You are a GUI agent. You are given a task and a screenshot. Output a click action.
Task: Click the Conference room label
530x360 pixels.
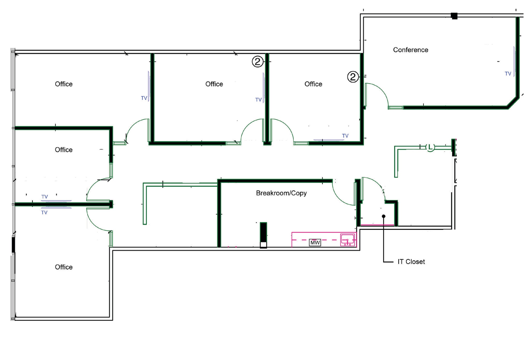click(410, 50)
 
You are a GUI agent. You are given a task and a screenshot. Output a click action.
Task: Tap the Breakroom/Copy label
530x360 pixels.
click(281, 193)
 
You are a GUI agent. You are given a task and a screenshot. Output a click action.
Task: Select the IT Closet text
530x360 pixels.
click(411, 262)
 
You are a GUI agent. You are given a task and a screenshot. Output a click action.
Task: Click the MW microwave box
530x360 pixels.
click(315, 243)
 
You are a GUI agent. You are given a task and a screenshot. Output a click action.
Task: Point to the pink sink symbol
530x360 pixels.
click(347, 240)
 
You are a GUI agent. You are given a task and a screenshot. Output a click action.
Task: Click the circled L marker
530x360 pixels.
click(430, 147)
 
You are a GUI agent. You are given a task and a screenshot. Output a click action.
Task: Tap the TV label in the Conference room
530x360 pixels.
click(508, 74)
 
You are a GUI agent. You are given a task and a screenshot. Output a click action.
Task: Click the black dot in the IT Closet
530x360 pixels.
click(384, 216)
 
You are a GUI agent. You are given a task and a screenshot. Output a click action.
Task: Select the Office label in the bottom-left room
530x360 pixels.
click(64, 267)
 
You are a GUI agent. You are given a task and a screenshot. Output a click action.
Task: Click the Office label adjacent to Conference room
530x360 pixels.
click(313, 84)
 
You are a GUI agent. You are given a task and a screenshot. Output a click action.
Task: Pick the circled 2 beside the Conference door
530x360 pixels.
click(352, 77)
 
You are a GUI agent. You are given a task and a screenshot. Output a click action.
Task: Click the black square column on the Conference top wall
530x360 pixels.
click(454, 16)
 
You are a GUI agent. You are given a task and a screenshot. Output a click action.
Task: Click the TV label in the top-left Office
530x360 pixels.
click(144, 98)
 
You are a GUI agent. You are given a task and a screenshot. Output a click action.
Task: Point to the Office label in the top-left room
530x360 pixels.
click(64, 84)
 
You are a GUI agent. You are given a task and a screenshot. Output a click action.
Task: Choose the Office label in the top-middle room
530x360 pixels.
click(214, 84)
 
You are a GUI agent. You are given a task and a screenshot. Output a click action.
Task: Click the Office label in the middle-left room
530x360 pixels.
click(64, 150)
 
